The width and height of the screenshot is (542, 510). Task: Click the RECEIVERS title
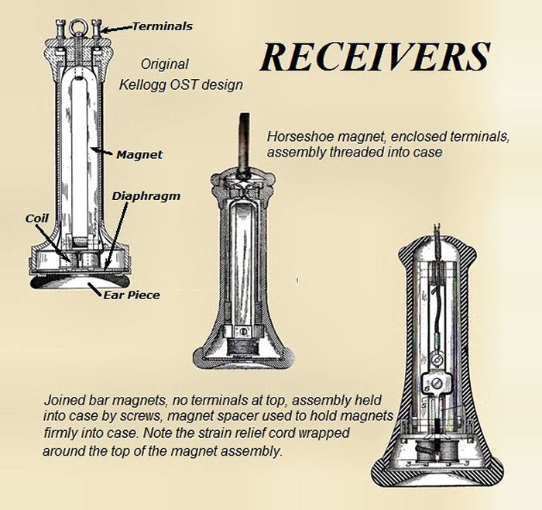pyautogui.click(x=375, y=57)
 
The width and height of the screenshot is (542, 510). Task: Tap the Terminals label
pyautogui.click(x=162, y=26)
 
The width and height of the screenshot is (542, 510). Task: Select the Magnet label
pyautogui.click(x=139, y=154)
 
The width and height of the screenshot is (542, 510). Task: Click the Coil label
pyautogui.click(x=36, y=219)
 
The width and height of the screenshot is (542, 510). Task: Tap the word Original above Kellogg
pyautogui.click(x=165, y=65)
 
